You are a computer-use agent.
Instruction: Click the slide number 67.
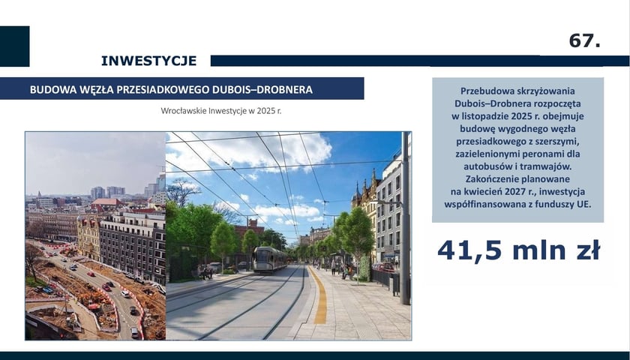(x=584, y=41)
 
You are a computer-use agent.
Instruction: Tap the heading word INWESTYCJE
(x=148, y=61)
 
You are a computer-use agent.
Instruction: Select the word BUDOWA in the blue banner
(x=50, y=89)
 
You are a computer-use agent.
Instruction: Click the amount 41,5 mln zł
(x=518, y=250)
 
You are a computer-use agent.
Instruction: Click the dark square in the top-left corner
(x=14, y=46)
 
